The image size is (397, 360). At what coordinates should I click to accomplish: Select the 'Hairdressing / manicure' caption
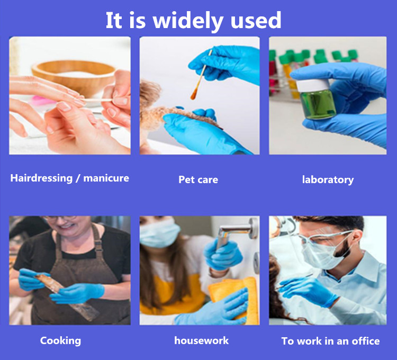click(x=70, y=178)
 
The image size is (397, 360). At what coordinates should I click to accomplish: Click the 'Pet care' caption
click(x=198, y=180)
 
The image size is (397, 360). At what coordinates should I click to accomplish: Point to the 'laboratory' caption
click(x=328, y=180)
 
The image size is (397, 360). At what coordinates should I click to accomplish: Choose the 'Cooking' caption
click(x=60, y=341)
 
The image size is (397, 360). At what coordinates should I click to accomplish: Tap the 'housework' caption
click(x=202, y=340)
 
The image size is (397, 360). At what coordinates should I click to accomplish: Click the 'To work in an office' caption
click(x=330, y=341)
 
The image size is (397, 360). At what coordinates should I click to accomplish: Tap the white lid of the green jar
click(x=313, y=85)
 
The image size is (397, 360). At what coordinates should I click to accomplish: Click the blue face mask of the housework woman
click(x=159, y=233)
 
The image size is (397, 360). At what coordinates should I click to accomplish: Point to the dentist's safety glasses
click(x=324, y=237)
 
